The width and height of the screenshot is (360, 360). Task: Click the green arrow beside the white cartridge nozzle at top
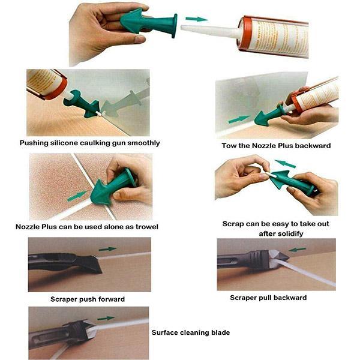tap(197, 19)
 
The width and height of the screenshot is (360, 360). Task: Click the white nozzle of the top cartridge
tap(210, 31)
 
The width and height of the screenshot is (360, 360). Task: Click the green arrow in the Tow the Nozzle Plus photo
tap(239, 119)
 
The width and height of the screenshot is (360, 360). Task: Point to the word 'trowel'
tap(147, 227)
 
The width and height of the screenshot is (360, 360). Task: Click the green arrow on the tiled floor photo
tap(77, 196)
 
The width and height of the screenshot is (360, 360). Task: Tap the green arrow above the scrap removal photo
tap(285, 163)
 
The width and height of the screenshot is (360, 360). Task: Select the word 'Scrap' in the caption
tap(232, 224)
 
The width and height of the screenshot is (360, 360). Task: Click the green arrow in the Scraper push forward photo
tap(107, 249)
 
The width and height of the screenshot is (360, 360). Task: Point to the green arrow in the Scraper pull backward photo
tap(298, 249)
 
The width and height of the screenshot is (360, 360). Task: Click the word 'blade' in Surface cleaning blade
tap(220, 332)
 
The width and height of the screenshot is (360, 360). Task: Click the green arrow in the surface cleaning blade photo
tap(106, 318)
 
